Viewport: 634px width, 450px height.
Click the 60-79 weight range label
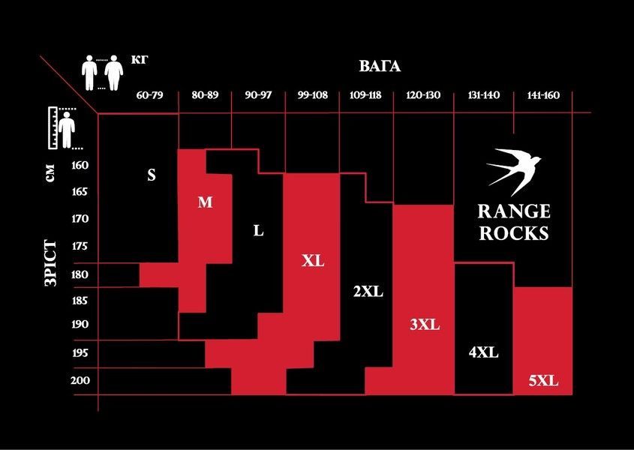(x=149, y=95)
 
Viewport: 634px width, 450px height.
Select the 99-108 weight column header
(x=313, y=95)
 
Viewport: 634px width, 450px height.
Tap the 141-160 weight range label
(x=543, y=95)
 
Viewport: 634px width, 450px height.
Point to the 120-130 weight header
(x=423, y=95)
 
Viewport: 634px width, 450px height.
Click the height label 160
(x=80, y=165)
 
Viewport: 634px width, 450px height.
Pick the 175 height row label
(x=80, y=246)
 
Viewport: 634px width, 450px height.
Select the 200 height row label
(x=80, y=380)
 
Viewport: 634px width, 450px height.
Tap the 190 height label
(x=80, y=324)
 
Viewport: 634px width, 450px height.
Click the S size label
(x=152, y=175)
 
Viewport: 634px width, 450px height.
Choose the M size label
(x=205, y=202)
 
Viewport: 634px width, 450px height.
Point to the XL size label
(x=313, y=261)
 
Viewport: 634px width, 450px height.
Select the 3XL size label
(x=425, y=325)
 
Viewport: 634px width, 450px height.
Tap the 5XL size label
(x=543, y=381)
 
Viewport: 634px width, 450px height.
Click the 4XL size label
(x=484, y=352)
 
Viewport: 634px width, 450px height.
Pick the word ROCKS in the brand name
(x=514, y=233)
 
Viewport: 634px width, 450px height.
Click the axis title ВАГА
(x=380, y=66)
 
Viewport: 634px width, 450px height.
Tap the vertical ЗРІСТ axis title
(x=50, y=262)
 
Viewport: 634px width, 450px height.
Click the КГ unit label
(x=140, y=60)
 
